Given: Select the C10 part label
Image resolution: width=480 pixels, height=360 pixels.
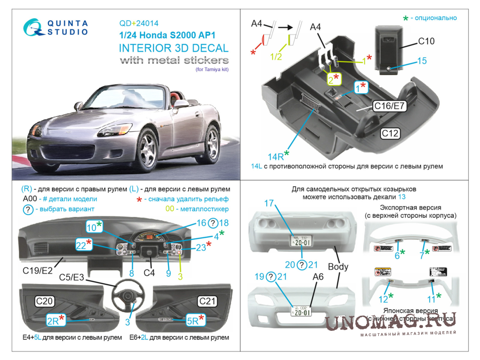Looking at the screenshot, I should [x=426, y=41].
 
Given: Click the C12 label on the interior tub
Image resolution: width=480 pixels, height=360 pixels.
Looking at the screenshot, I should [x=390, y=134].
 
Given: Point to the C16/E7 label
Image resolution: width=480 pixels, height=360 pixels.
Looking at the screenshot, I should [x=390, y=107].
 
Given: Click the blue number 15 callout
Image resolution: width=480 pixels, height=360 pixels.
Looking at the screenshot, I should [x=422, y=61].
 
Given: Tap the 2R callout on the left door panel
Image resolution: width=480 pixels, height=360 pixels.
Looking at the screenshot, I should [x=53, y=321].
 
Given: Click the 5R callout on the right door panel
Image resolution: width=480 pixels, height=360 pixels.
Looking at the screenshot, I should [x=193, y=321].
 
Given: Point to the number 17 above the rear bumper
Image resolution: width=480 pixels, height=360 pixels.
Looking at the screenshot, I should [x=269, y=203].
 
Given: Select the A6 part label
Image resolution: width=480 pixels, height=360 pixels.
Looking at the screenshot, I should [x=318, y=277].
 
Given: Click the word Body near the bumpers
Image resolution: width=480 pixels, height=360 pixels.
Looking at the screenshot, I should [x=338, y=266].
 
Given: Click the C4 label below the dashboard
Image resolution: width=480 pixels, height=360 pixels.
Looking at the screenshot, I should [x=149, y=272].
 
